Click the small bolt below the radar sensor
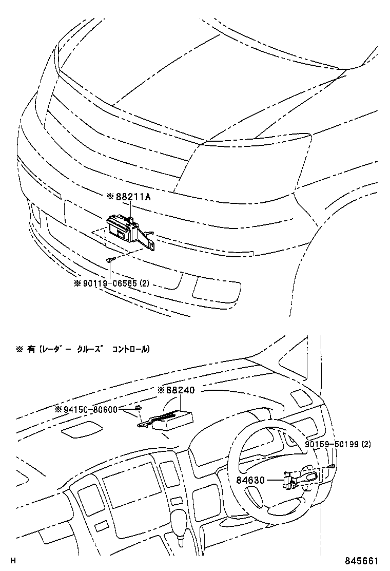[x=110, y=261]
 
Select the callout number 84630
[x=250, y=481]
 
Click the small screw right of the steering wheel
[x=332, y=465]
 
